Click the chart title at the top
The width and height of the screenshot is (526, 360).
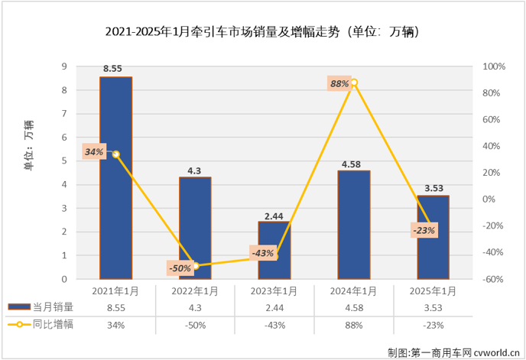[262, 33]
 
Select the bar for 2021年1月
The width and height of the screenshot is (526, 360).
[115, 177]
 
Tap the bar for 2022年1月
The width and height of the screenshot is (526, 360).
[195, 228]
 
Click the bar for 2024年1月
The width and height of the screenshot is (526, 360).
[354, 225]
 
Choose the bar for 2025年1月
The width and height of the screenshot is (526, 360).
[433, 237]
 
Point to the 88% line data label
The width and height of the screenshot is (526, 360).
[339, 83]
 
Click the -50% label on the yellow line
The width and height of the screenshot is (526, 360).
[180, 268]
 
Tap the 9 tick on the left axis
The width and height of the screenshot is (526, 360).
[65, 66]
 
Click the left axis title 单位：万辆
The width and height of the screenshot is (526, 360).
[28, 145]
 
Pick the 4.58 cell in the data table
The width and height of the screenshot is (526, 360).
[353, 307]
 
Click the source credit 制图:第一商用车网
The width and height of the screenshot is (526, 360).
[452, 351]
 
